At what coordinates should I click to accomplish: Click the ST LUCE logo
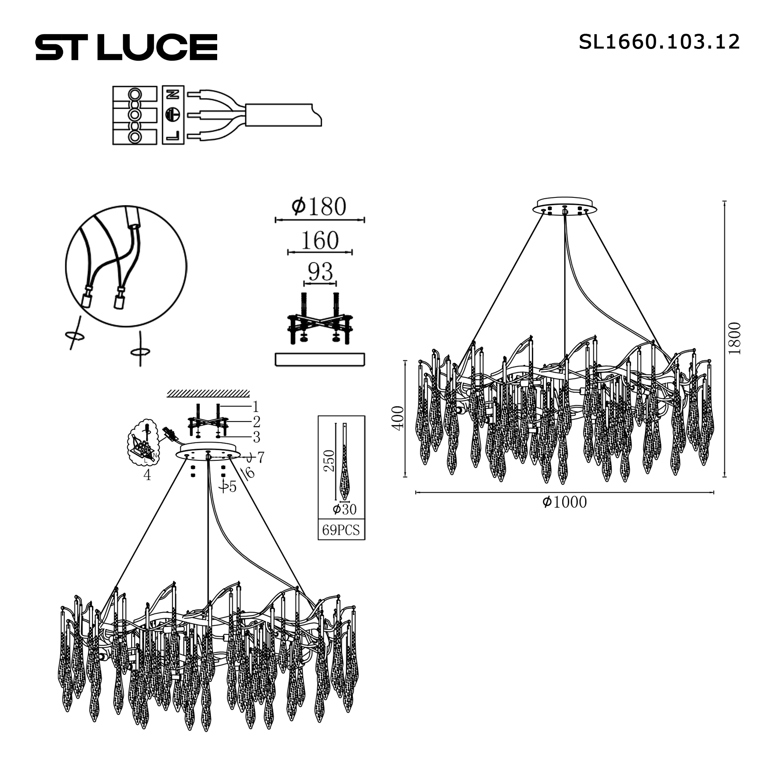[126, 47]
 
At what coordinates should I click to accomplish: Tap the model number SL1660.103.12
[659, 42]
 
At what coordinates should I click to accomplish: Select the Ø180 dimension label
[319, 207]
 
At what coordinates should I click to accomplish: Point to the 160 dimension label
[320, 240]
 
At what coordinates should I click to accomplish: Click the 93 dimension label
[320, 272]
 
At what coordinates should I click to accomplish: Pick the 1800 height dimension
[734, 338]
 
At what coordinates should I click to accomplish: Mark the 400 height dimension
[398, 418]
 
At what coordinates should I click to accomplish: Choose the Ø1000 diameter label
[564, 502]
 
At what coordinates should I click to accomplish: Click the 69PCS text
[341, 530]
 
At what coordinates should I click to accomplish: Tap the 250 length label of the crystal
[329, 461]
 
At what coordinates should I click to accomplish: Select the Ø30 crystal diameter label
[345, 510]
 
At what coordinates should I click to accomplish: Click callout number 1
[255, 407]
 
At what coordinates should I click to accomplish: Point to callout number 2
[256, 422]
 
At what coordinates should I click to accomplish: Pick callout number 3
[256, 437]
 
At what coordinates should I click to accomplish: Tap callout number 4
[147, 475]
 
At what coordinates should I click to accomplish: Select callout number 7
[261, 457]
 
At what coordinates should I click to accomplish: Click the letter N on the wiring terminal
[173, 94]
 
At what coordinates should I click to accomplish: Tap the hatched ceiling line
[208, 393]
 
